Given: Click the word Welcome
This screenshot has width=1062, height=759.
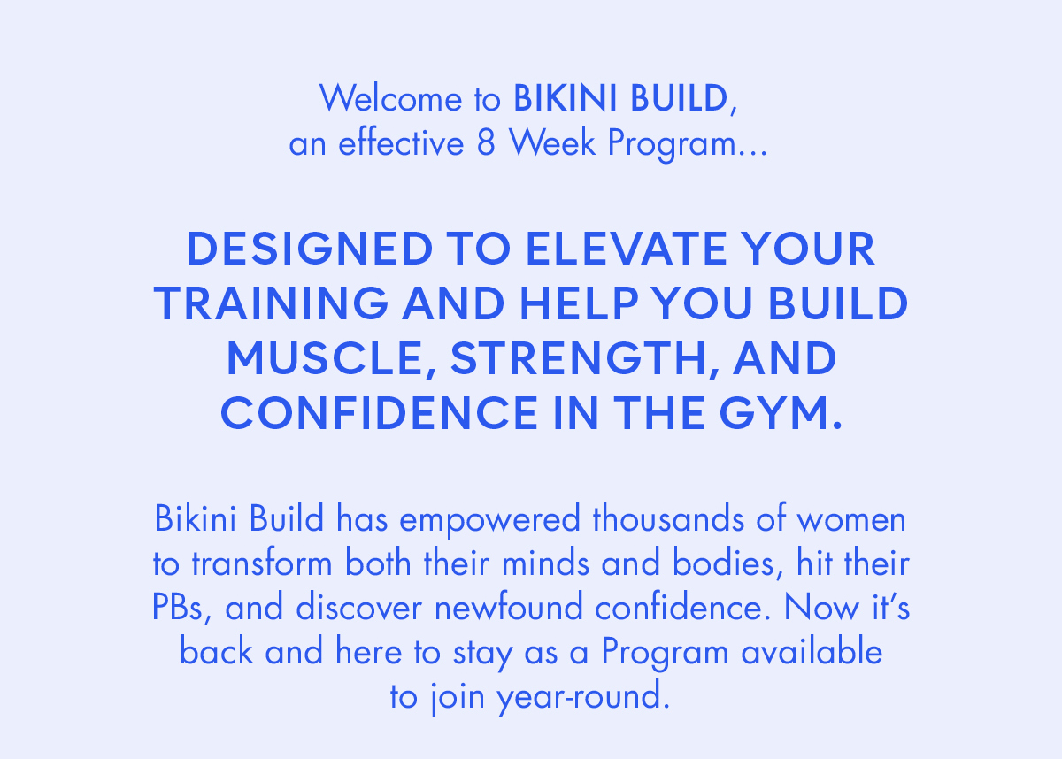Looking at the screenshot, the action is click(390, 98).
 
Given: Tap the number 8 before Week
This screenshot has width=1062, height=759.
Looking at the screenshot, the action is click(486, 142).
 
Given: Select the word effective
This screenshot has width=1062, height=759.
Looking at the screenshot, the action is click(401, 142).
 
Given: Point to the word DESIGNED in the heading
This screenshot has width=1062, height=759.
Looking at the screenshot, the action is click(310, 249).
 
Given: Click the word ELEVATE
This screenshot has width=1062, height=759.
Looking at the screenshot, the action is click(627, 249).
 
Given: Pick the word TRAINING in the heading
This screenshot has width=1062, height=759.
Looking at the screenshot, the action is click(271, 303).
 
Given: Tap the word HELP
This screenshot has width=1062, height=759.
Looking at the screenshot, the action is click(579, 303).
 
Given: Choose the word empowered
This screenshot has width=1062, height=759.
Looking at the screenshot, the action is click(489, 520).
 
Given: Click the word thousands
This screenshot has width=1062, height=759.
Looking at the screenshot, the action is click(668, 518).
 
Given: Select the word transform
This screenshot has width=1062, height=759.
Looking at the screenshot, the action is click(262, 563).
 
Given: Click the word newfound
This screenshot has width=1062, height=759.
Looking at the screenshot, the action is click(508, 607).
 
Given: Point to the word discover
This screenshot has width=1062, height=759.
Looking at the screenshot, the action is click(359, 607).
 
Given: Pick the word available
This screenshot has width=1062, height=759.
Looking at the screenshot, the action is click(812, 651).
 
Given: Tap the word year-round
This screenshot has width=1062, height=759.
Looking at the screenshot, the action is click(583, 696).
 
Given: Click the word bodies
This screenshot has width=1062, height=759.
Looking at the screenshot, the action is click(724, 563).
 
